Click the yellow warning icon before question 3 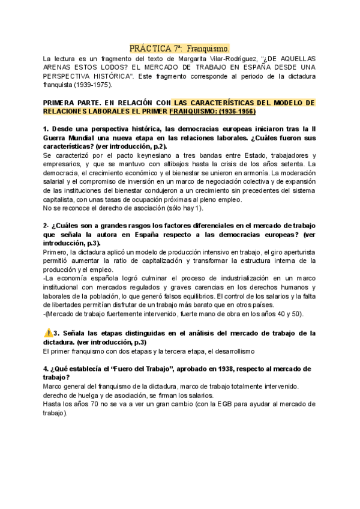(x=49, y=333)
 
